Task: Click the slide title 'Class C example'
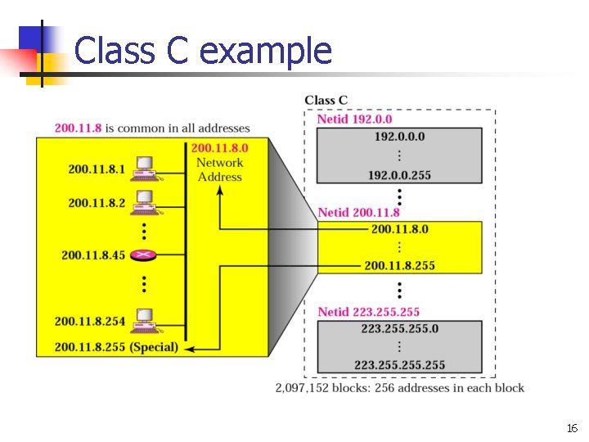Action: point(203,51)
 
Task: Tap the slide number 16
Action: point(571,428)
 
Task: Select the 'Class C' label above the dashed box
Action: point(326,100)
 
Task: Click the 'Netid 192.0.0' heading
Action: point(354,120)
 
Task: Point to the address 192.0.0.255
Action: point(398,175)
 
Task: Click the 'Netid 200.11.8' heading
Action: point(359,212)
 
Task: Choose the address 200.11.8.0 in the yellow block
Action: point(399,229)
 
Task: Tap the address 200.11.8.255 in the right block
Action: point(399,265)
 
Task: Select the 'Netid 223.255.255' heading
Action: point(368,312)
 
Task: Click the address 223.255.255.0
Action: point(399,328)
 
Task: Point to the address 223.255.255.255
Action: point(399,365)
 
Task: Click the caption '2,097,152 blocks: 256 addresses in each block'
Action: point(400,388)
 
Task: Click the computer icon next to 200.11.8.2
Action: point(145,201)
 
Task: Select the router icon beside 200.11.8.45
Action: point(145,255)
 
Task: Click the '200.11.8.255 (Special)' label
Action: point(116,347)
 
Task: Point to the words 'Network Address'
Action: point(219,169)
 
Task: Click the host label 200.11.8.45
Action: point(93,255)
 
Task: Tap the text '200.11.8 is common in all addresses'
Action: point(152,129)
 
